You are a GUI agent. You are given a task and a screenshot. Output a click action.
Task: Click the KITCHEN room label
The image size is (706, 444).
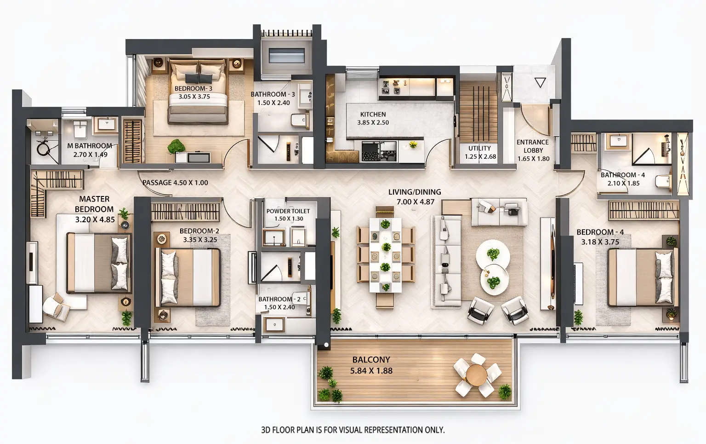point(373,115)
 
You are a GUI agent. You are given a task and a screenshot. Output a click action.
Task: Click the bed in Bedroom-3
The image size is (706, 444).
point(198,92)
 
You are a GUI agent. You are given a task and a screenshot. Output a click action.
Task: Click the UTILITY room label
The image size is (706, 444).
point(480,148)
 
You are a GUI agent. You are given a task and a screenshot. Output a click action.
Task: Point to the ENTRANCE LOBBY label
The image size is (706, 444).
point(533,146)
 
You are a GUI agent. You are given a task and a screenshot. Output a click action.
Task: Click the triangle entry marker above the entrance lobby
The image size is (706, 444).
point(540,83)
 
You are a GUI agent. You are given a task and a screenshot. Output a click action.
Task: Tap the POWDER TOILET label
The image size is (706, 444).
point(288,211)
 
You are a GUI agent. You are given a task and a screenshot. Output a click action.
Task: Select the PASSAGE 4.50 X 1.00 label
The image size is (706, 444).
point(175,183)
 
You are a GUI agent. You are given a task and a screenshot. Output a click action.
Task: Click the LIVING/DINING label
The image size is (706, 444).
point(415,192)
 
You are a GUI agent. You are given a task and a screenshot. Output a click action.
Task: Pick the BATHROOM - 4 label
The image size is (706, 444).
point(623,175)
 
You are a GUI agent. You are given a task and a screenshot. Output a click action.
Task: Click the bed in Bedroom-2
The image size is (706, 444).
point(188,277)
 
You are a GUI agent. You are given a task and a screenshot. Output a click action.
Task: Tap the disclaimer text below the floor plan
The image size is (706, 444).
point(353,430)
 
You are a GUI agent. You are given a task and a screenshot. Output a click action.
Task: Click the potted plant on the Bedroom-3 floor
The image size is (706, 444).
point(176,147)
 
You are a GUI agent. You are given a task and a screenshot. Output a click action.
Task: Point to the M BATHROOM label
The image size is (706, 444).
point(90,146)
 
